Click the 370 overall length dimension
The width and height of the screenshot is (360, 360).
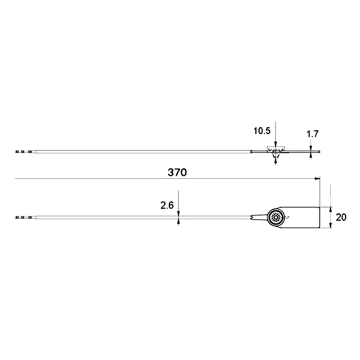177,172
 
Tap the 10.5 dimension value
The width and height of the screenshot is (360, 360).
262,131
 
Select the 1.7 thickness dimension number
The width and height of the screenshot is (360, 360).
313,134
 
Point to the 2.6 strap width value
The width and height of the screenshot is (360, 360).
167,205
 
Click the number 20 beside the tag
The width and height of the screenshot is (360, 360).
341,217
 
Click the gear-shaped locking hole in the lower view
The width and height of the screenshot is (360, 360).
275,217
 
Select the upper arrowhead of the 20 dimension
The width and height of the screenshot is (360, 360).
331,209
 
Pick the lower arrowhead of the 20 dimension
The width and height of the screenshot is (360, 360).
331,226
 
